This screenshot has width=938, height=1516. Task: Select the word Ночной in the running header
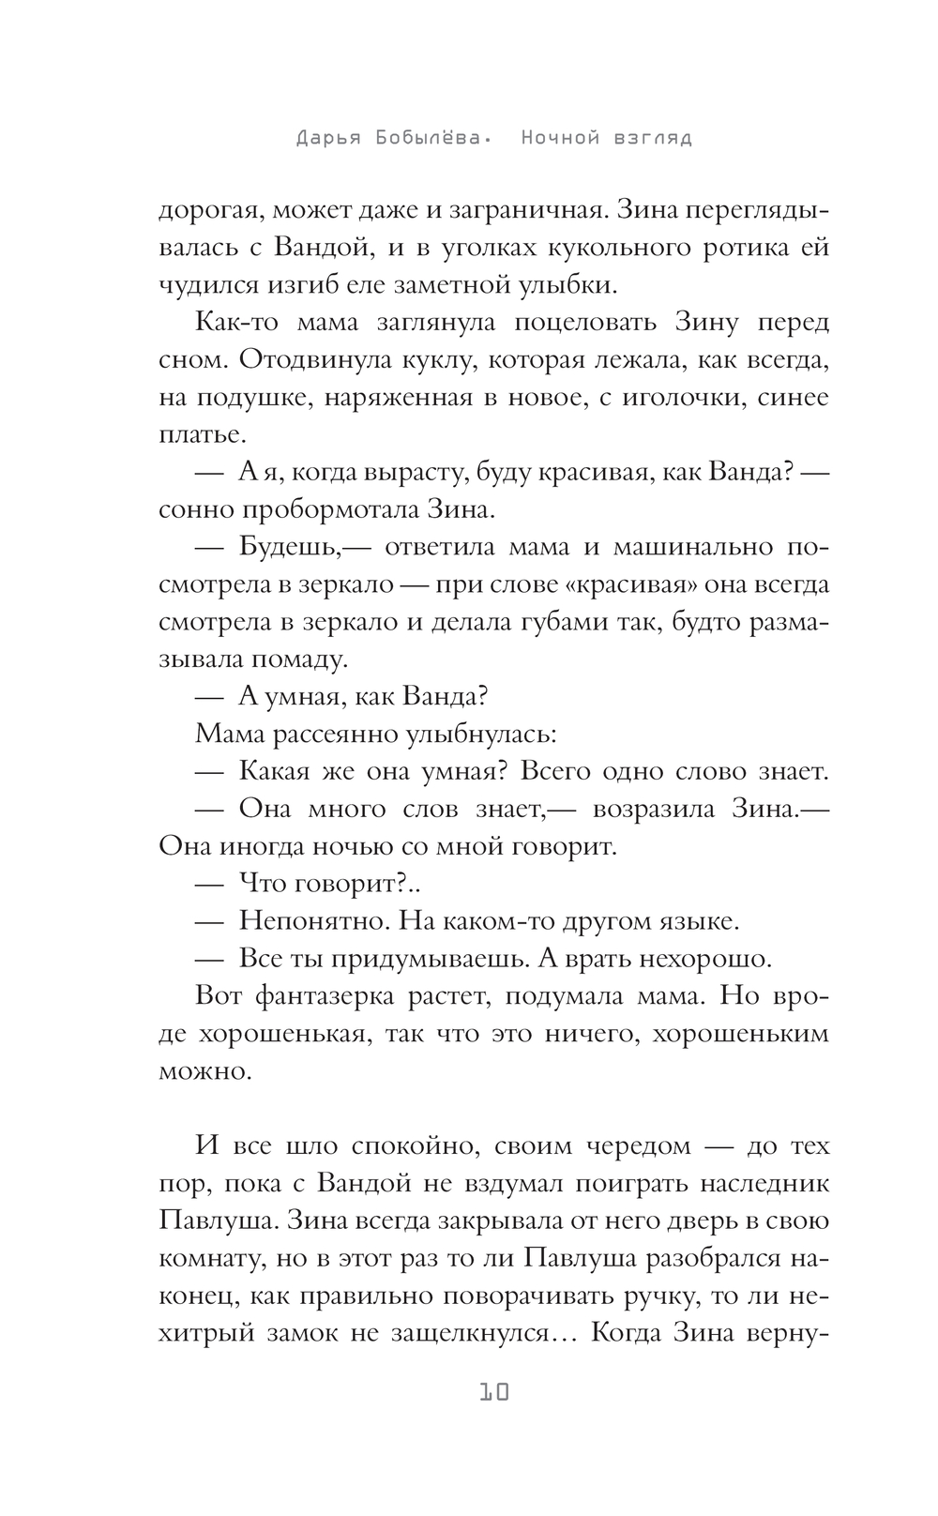click(560, 139)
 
